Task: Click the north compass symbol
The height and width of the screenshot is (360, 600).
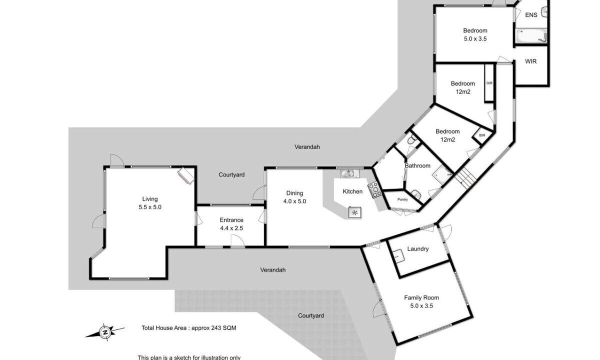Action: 105,332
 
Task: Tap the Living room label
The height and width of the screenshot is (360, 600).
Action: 150,199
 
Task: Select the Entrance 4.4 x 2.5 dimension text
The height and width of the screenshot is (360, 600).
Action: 231,228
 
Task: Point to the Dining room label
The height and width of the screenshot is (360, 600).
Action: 294,193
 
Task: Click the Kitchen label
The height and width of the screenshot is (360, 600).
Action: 352,191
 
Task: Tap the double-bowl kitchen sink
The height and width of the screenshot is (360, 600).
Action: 350,173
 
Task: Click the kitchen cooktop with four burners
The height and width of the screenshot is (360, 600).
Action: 374,190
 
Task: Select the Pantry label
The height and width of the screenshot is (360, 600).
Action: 402,199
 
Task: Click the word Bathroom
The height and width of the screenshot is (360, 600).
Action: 417,166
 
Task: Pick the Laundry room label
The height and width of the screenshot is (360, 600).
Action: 418,249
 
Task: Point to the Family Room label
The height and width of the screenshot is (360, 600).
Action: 421,297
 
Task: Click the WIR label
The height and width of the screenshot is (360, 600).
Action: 530,61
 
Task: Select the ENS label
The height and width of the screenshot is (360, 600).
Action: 531,15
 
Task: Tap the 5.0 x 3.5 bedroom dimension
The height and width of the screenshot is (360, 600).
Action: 475,39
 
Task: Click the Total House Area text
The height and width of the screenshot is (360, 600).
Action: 189,328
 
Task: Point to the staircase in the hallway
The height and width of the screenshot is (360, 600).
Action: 465,178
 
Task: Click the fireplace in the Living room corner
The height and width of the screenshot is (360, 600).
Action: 186,175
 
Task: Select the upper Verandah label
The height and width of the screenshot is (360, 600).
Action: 307,147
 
